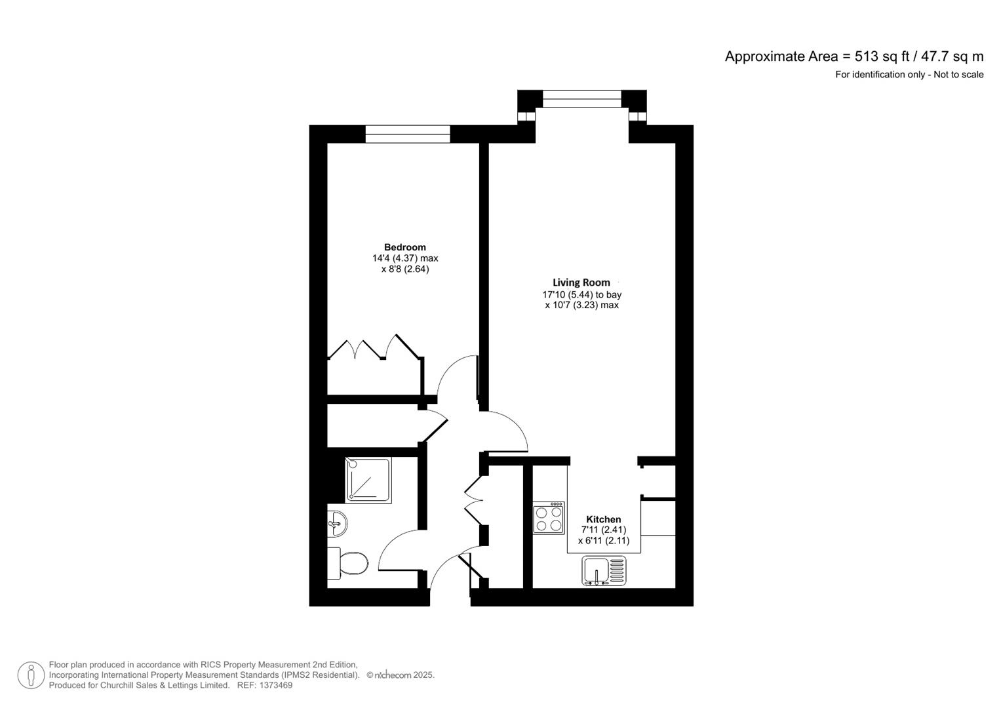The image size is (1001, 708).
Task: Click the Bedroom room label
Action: pyautogui.click(x=404, y=247)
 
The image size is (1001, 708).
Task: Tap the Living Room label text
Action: pyautogui.click(x=581, y=283)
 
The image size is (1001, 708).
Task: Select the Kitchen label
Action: pyautogui.click(x=603, y=519)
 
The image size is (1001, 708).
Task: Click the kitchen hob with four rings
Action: pyautogui.click(x=549, y=518)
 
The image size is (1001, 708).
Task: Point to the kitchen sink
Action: pyautogui.click(x=604, y=570)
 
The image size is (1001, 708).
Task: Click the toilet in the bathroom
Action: pyautogui.click(x=348, y=562)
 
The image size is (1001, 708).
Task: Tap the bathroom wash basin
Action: pyautogui.click(x=336, y=523)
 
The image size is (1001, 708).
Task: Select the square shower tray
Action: pyautogui.click(x=368, y=481)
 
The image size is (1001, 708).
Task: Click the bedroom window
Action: pyautogui.click(x=408, y=134)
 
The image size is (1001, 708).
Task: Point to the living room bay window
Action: pyautogui.click(x=581, y=99)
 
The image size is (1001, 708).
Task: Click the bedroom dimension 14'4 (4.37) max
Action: pyautogui.click(x=404, y=258)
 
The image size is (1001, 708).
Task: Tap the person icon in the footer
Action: pyautogui.click(x=31, y=675)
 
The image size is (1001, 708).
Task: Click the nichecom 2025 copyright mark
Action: pyautogui.click(x=400, y=675)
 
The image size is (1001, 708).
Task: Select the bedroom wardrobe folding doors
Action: pyautogui.click(x=374, y=349)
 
